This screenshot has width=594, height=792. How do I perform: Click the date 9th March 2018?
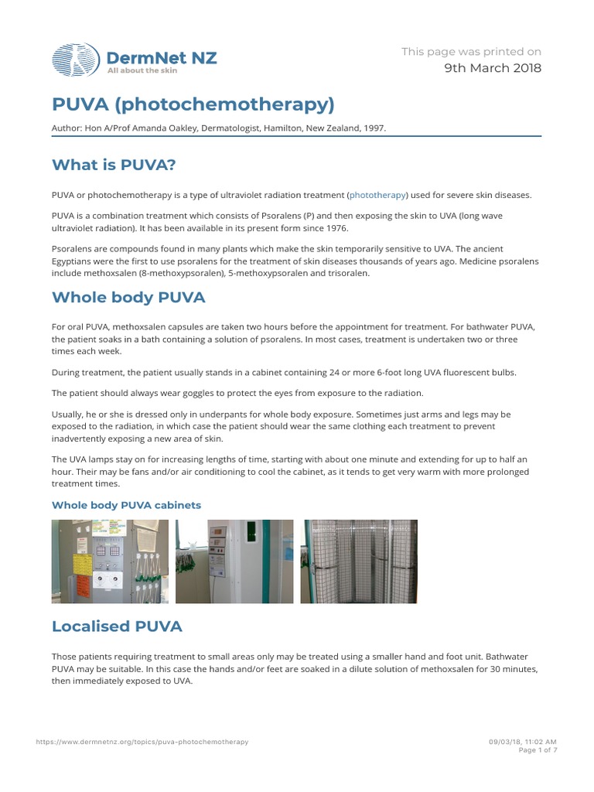[493, 68]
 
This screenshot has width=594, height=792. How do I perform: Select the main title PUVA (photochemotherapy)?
[193, 104]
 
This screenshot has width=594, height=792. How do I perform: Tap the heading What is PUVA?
[119, 165]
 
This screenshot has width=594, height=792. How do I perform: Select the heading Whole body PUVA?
[128, 298]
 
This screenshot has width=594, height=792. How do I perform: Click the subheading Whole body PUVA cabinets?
[126, 505]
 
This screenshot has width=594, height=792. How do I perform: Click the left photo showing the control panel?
[109, 562]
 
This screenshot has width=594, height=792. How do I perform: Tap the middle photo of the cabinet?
[234, 562]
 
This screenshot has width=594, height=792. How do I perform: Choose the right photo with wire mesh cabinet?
[359, 562]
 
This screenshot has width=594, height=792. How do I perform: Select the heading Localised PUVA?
[117, 626]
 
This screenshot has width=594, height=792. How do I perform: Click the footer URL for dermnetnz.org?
[142, 742]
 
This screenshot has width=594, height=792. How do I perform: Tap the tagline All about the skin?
[142, 70]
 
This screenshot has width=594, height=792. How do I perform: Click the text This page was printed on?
[471, 52]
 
